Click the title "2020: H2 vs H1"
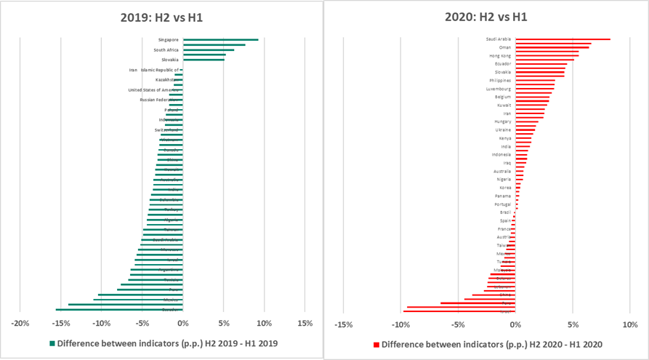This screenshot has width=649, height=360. [x=490, y=16]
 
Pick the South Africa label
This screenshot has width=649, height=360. [x=167, y=49]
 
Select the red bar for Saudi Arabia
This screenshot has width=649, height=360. [x=563, y=39]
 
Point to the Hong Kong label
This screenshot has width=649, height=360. [x=500, y=55]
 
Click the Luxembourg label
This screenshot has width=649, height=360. [x=499, y=89]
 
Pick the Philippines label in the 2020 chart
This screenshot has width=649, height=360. [x=500, y=80]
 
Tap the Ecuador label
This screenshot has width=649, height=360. [x=502, y=64]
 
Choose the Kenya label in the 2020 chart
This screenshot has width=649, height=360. [x=504, y=137]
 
